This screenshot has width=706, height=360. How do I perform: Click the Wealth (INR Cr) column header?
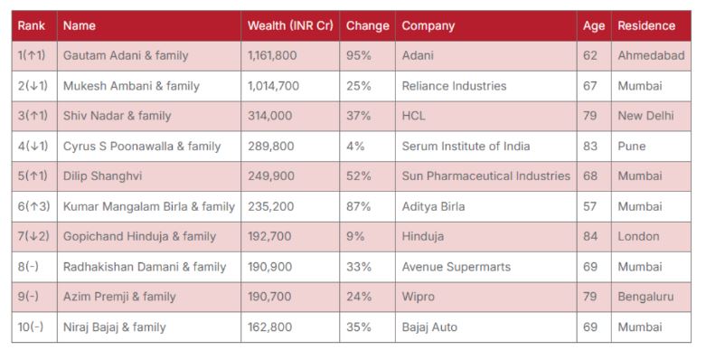pyautogui.click(x=290, y=26)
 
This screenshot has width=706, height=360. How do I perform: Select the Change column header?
pyautogui.click(x=367, y=26)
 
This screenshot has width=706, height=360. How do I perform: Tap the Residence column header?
pyautogui.click(x=646, y=26)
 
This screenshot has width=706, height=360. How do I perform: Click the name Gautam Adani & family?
pyautogui.click(x=126, y=56)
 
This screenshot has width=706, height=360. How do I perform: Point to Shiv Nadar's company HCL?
pyautogui.click(x=413, y=116)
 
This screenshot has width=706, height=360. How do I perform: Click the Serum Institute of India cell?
pyautogui.click(x=466, y=146)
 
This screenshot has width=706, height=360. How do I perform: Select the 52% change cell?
pyautogui.click(x=359, y=175)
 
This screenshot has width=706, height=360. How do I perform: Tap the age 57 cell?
pyautogui.click(x=590, y=206)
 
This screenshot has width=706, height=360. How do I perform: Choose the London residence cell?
pyautogui.click(x=638, y=236)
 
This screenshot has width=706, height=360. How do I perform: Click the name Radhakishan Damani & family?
pyautogui.click(x=145, y=267)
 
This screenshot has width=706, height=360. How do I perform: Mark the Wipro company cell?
pyautogui.click(x=419, y=297)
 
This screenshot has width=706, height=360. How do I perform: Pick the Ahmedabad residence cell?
pyautogui.click(x=651, y=56)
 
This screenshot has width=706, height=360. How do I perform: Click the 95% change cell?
pyautogui.click(x=359, y=56)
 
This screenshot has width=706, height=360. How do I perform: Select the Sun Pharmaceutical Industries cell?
pyautogui.click(x=485, y=175)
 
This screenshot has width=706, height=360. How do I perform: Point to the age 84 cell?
pyautogui.click(x=590, y=236)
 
